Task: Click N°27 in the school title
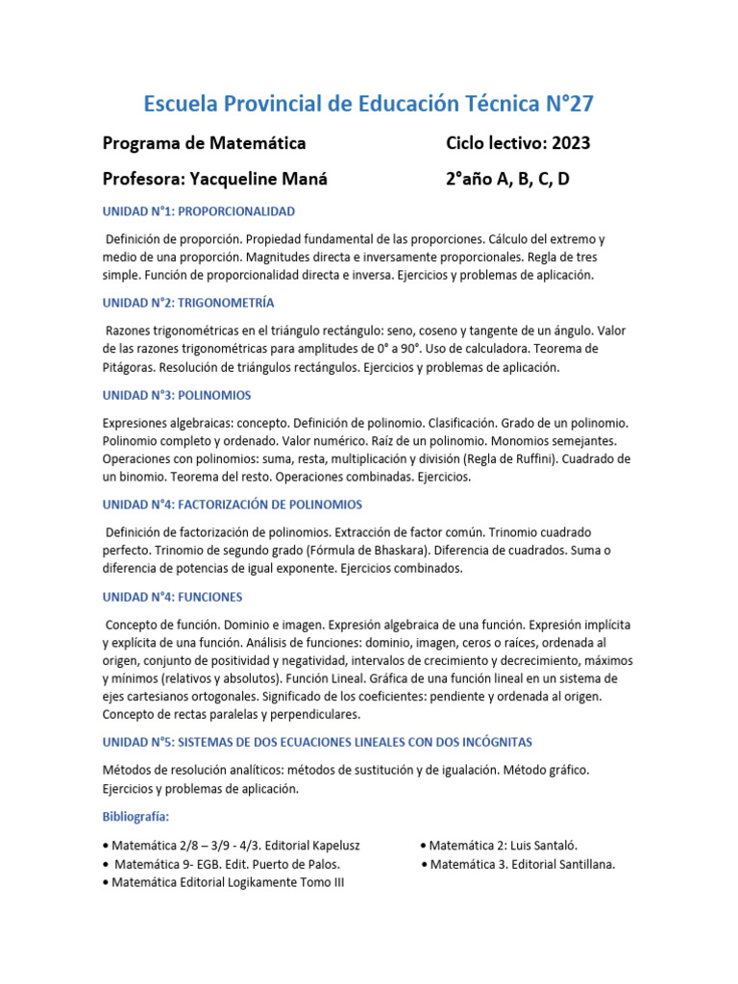[573, 104]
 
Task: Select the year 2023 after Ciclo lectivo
[569, 143]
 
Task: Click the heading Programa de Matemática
[204, 143]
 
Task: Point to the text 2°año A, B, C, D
[507, 179]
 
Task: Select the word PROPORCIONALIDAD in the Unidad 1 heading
[235, 210]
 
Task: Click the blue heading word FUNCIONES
[210, 597]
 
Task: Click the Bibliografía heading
[135, 817]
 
